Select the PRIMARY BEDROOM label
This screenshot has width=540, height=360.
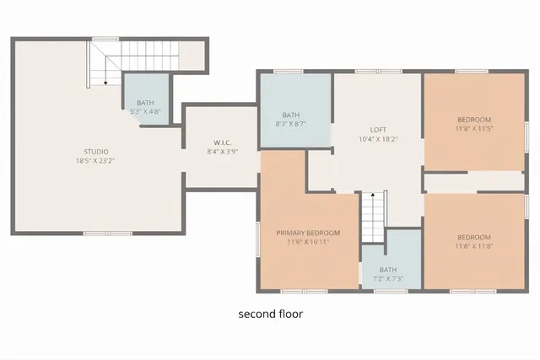[x=308, y=233]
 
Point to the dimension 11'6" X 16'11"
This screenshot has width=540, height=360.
[x=308, y=242]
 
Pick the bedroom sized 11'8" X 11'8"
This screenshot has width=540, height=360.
[x=473, y=242]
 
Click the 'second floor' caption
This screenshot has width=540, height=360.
[x=270, y=314]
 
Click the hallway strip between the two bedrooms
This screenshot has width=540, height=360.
[x=473, y=181]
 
